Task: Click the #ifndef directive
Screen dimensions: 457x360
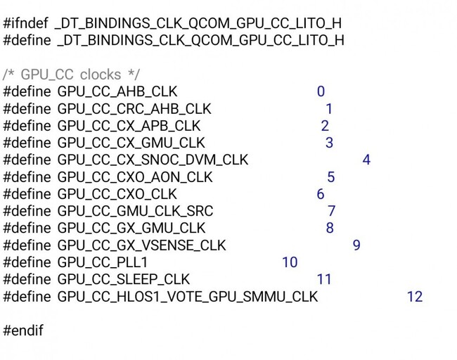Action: coord(25,23)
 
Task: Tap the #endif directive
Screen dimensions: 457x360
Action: coord(23,330)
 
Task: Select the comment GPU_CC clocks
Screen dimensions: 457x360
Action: coord(71,75)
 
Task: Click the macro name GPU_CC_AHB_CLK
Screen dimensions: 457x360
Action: coord(117,91)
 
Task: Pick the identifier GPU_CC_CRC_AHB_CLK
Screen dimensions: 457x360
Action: coord(134,109)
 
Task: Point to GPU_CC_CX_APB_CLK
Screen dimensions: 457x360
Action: coord(129,126)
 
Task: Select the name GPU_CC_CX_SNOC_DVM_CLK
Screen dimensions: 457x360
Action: coord(153,160)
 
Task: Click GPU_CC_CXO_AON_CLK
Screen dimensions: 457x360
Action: coord(135,177)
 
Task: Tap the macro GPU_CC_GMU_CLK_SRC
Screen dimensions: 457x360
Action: coord(135,211)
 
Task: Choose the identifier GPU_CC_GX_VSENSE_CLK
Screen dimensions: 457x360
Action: coord(141,245)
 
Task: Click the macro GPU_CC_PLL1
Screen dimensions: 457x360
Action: coord(103,262)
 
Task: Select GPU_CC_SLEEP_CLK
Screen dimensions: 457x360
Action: coord(124,279)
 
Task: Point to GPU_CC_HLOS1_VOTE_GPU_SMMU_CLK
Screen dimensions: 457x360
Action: coord(188,297)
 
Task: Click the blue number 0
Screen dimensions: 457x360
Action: coord(321,91)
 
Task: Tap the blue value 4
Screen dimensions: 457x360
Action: coord(366,160)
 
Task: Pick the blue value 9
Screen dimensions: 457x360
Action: coord(356,245)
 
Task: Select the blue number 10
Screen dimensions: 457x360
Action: coord(290,262)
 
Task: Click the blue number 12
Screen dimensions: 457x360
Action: coord(415,297)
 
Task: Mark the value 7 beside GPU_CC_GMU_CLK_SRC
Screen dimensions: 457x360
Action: coord(332,211)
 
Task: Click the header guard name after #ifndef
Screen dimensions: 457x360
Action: coord(198,23)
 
